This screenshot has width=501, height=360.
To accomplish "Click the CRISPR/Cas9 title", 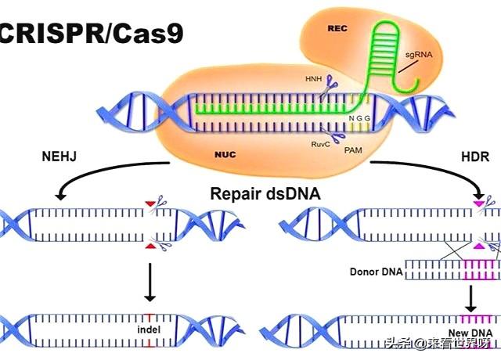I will click(x=90, y=33).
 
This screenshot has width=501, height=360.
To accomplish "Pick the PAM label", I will click(x=353, y=146).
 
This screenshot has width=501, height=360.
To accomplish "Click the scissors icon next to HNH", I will click(x=333, y=82).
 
